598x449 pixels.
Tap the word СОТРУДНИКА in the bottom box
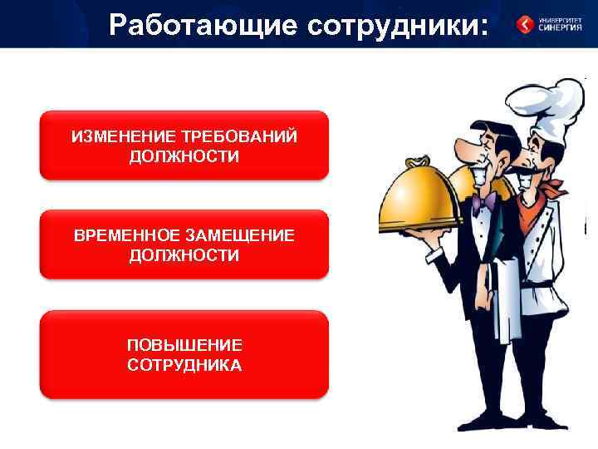coord(184,365)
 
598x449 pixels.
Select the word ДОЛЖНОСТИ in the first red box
coord(184,156)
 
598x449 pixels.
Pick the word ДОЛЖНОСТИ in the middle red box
coord(184,256)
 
